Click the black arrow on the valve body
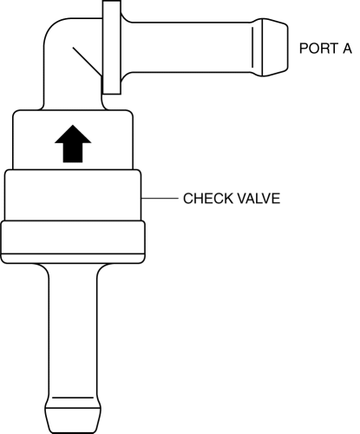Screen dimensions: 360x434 pyautogui.click(x=73, y=144)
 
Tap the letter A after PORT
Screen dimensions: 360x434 pyautogui.click(x=347, y=49)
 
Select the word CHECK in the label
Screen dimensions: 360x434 pyautogui.click(x=208, y=199)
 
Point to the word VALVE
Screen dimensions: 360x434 pyautogui.click(x=259, y=199)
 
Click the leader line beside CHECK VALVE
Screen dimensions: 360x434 pyautogui.click(x=160, y=199)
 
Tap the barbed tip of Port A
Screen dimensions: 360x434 pyautogui.click(x=275, y=48)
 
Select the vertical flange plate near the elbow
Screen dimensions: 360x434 pyautogui.click(x=112, y=48)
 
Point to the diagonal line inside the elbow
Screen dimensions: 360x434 pyautogui.click(x=88, y=62)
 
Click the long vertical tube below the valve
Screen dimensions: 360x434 pyautogui.click(x=73, y=332)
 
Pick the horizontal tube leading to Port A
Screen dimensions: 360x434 pyautogui.click(x=188, y=47)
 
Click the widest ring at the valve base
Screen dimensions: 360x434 pyautogui.click(x=73, y=237)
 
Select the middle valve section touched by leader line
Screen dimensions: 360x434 pyautogui.click(x=73, y=195)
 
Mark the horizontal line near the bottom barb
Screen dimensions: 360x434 pyautogui.click(x=73, y=398)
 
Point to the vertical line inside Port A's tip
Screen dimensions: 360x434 pyautogui.click(x=252, y=48)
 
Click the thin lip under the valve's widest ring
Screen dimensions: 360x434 pyautogui.click(x=73, y=259)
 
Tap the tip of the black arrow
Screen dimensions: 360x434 pyautogui.click(x=73, y=125)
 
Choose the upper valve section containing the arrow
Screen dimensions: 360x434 pyautogui.click(x=73, y=140)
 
